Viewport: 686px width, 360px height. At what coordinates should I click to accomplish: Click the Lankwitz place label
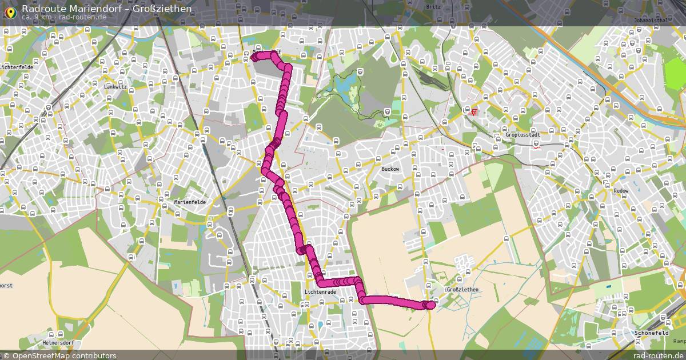(115, 87)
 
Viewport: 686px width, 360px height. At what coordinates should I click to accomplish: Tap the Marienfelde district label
(190, 202)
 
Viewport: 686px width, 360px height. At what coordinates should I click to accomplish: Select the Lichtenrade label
(320, 292)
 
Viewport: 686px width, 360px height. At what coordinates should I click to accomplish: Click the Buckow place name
(390, 169)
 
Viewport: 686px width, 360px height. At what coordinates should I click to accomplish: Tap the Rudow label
(620, 191)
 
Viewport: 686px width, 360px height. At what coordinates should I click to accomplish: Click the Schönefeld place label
(652, 333)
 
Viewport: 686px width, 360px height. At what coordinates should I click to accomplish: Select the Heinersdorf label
(57, 342)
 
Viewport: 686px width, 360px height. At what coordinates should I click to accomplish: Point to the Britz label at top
(433, 7)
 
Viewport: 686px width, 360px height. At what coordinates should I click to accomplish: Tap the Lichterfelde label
(17, 67)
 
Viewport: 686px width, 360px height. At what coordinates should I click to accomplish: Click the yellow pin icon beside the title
(10, 11)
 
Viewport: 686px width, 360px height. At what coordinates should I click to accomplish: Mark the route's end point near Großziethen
(430, 305)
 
